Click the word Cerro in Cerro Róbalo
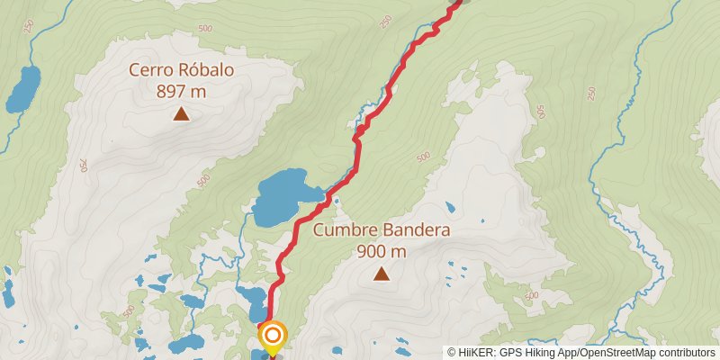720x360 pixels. point(150,69)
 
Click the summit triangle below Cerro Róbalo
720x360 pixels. point(182,113)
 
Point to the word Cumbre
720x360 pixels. point(346,230)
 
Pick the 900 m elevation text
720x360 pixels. point(382,251)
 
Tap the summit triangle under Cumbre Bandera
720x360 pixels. point(382,274)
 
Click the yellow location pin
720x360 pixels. point(273,338)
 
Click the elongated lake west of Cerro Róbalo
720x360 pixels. point(22,89)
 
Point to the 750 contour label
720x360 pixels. point(82,166)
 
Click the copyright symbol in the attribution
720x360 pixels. point(452,353)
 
